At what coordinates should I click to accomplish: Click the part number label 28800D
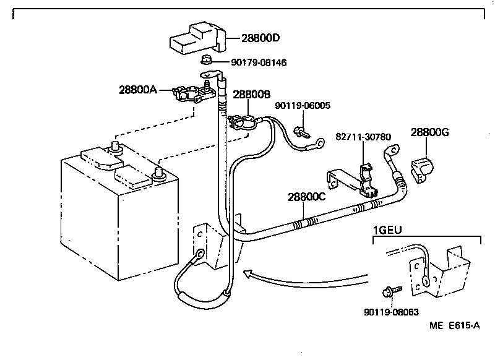point(260,38)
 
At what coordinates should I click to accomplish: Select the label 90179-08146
point(259,62)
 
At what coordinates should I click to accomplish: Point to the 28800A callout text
point(138,90)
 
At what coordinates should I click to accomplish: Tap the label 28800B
point(252,95)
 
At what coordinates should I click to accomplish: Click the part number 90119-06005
point(303,105)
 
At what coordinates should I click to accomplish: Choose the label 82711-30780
point(363,137)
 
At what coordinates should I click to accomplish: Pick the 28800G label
point(429,132)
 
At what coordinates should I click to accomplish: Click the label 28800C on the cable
point(306,197)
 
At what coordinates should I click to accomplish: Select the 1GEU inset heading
point(387,230)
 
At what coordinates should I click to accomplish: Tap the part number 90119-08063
point(392,312)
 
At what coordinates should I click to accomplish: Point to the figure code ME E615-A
point(455,325)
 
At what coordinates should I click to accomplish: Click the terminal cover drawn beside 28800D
point(198,37)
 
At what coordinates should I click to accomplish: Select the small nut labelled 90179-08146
point(205,59)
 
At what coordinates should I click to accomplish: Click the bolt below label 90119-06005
point(301,132)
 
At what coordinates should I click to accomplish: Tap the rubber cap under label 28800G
point(422,170)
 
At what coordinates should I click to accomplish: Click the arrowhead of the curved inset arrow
point(248,273)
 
